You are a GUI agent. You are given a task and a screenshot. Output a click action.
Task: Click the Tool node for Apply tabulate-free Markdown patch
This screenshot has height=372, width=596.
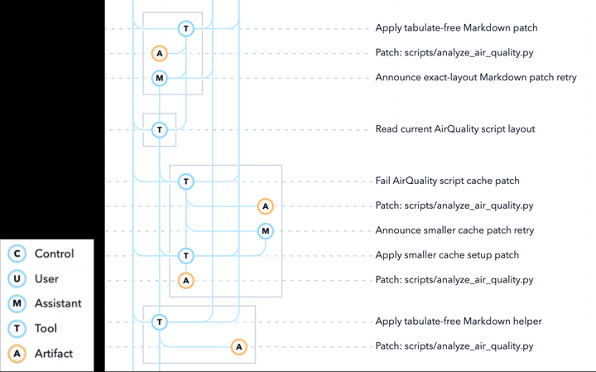click(x=186, y=28)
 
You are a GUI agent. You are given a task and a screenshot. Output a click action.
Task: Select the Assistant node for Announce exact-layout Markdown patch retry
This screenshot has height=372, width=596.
click(x=160, y=79)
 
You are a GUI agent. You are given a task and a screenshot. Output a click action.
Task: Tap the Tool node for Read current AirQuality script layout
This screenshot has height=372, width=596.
click(x=160, y=130)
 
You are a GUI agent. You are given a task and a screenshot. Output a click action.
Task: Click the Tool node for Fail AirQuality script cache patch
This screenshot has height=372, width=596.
click(x=186, y=181)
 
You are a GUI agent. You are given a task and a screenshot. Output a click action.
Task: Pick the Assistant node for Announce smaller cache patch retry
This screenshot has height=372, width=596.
click(x=266, y=231)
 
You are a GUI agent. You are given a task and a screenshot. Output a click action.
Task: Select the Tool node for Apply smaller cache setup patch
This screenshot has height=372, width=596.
click(x=186, y=256)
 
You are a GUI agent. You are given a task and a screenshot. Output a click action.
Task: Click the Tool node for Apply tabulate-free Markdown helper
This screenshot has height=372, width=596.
click(x=160, y=322)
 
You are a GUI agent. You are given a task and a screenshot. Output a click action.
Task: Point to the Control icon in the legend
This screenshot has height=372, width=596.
click(x=17, y=254)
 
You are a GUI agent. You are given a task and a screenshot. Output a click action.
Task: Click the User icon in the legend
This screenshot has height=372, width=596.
click(x=17, y=279)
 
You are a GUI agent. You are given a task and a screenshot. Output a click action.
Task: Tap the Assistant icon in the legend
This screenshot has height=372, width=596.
click(x=17, y=303)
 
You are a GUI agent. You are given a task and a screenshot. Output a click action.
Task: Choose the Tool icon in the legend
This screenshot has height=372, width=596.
click(x=17, y=329)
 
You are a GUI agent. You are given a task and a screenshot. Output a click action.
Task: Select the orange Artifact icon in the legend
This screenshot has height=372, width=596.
click(x=17, y=354)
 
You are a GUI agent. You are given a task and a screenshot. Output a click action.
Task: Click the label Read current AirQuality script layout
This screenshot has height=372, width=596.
click(x=455, y=129)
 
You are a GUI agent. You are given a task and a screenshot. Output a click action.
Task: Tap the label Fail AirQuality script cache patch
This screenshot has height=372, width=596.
click(x=447, y=181)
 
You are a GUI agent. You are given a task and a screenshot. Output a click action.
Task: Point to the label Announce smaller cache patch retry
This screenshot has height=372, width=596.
click(x=454, y=230)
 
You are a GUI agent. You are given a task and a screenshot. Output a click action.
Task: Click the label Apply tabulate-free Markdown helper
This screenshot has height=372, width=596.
click(x=459, y=321)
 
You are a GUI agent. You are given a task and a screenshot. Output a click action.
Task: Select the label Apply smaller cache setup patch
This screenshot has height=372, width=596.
click(x=447, y=255)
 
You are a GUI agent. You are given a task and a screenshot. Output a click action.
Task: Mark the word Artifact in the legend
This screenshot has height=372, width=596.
click(x=54, y=354)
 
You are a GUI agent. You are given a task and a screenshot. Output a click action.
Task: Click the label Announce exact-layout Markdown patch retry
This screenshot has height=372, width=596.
click(x=476, y=78)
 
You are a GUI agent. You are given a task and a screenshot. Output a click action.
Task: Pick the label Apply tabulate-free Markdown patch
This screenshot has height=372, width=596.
click(x=456, y=28)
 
